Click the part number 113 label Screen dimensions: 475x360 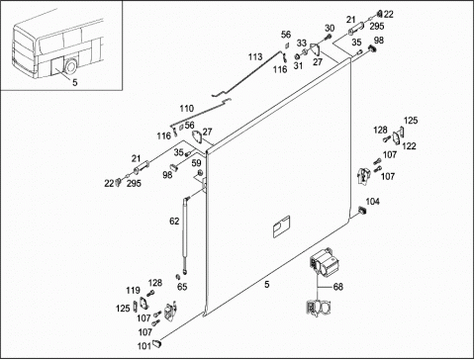[x=255, y=57]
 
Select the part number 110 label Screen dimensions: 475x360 [x=187, y=109]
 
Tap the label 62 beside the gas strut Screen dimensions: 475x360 [x=174, y=222]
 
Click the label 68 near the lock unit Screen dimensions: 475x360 [x=338, y=287]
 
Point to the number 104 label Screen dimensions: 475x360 [x=373, y=202]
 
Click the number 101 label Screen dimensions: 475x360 [x=144, y=346]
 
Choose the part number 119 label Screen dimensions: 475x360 [x=133, y=291]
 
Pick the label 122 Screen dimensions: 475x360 [x=409, y=146]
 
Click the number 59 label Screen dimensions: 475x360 [x=196, y=163]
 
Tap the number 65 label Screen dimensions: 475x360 [x=182, y=287]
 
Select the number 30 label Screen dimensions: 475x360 [x=330, y=29]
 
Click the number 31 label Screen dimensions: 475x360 [x=298, y=65]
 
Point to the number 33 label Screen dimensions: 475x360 [x=302, y=44]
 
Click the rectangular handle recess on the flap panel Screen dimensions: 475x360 [x=281, y=226]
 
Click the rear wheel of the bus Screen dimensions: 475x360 [x=70, y=67]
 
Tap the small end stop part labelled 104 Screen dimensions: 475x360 [x=362, y=210]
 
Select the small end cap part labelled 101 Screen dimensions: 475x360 [x=157, y=343]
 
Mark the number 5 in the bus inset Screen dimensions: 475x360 [x=75, y=82]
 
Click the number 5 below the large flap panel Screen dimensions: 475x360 [x=267, y=284]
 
